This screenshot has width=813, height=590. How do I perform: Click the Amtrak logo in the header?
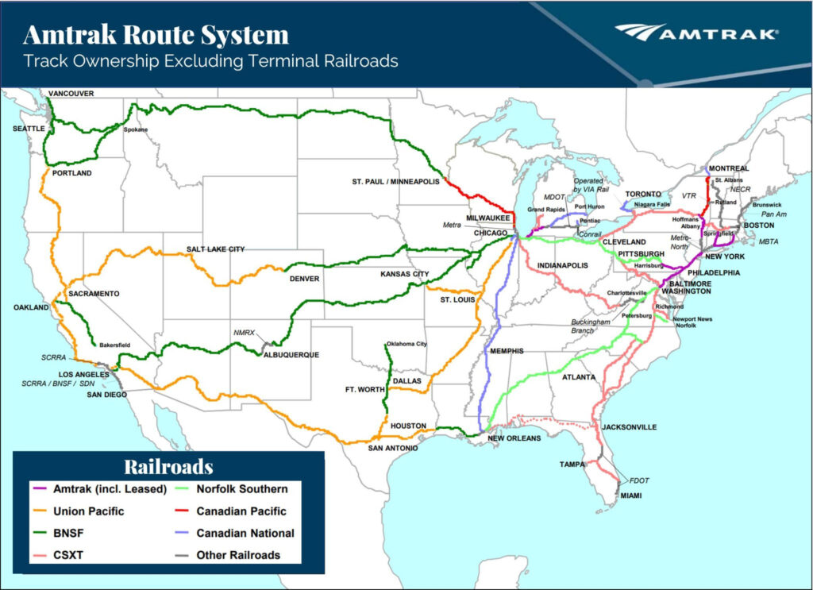(696, 33)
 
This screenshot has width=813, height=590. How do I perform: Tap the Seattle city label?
(29, 129)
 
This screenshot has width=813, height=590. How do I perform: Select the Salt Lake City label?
(215, 249)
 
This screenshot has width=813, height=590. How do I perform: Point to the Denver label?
(305, 279)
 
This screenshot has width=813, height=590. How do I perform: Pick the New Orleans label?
(514, 438)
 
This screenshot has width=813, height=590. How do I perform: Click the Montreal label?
(730, 168)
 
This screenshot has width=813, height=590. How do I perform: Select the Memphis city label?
(507, 350)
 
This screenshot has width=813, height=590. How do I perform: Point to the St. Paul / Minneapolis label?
(396, 182)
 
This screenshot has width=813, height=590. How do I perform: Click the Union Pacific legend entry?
(88, 511)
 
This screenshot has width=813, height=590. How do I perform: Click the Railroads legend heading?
(168, 466)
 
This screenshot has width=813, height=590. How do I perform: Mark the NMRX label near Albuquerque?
(244, 332)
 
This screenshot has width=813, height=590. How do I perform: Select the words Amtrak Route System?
(156, 34)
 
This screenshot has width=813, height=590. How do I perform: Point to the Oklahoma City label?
(406, 344)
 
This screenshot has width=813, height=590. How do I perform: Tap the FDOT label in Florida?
(639, 480)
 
